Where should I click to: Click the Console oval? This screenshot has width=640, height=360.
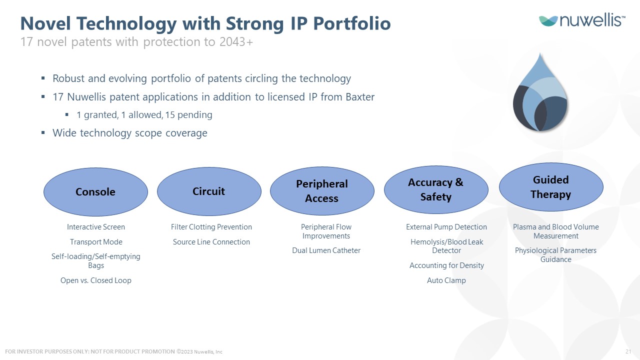(x=95, y=191)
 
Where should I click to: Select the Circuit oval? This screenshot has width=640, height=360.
(x=209, y=191)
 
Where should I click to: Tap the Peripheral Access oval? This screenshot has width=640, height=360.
(x=322, y=191)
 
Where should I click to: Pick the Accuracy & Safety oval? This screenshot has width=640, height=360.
(x=436, y=189)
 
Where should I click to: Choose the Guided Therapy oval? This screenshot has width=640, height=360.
(x=551, y=187)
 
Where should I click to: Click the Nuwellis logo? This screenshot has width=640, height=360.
(x=582, y=20)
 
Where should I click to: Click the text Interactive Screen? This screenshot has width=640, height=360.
(x=96, y=227)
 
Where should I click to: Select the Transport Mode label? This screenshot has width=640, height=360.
(x=96, y=242)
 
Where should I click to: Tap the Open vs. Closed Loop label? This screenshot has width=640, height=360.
(x=96, y=280)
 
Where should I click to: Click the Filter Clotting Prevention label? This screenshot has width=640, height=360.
(x=211, y=227)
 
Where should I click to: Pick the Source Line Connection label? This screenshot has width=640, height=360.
(x=211, y=242)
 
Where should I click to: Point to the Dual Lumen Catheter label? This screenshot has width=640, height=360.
(x=326, y=250)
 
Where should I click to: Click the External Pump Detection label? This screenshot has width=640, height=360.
(x=446, y=227)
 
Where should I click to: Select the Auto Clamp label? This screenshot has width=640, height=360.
(x=446, y=280)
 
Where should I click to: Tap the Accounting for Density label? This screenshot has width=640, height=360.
(x=447, y=265)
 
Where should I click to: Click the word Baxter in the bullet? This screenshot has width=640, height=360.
(x=360, y=97)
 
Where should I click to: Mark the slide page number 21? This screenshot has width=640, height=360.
(x=628, y=351)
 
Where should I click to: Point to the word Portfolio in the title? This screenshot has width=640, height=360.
(x=352, y=23)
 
